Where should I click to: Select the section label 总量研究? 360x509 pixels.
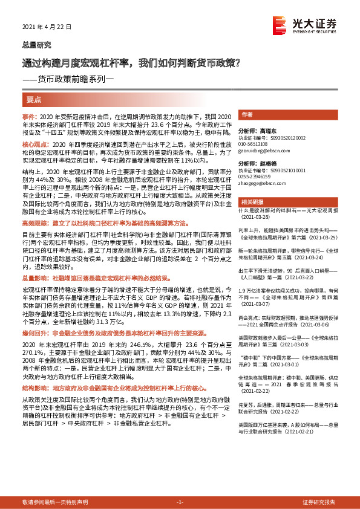tap(37, 45)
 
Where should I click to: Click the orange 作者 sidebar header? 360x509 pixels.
tap(246, 114)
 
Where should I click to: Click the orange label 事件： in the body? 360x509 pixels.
tap(30, 115)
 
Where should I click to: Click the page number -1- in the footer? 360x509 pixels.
tap(180, 502)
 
